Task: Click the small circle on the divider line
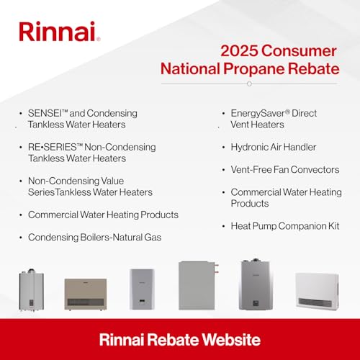[249, 84]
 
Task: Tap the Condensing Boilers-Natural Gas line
[94, 237]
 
